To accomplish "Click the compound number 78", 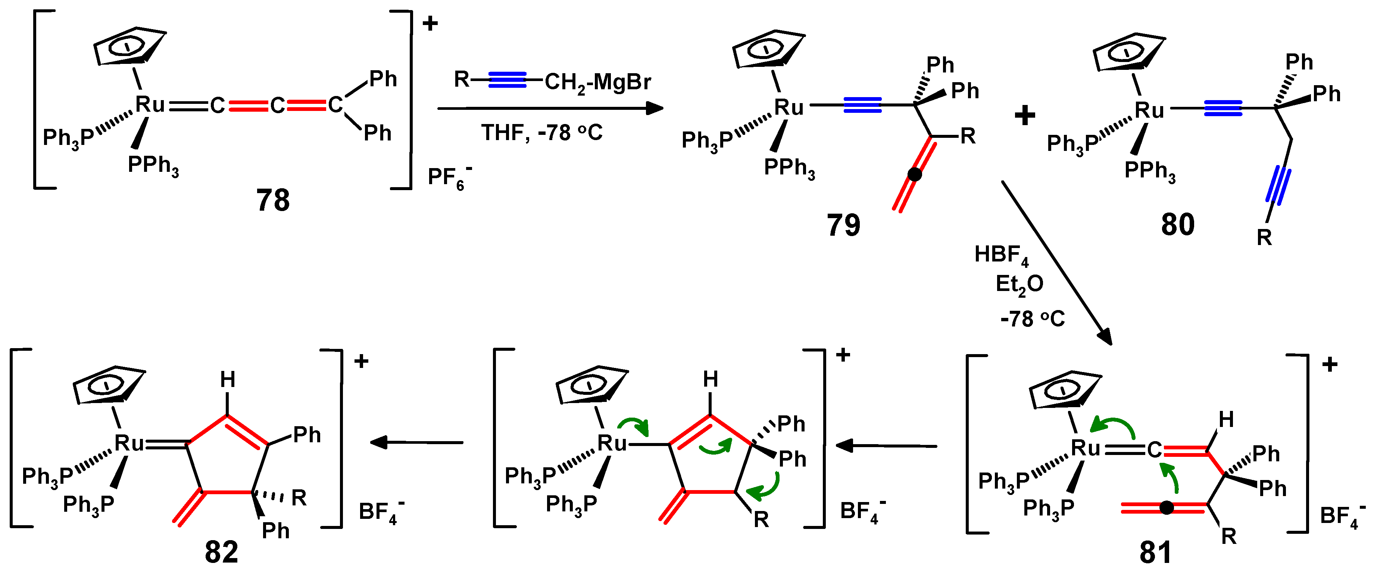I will click(272, 201).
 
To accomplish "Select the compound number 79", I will click(843, 225).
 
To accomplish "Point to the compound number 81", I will click(1155, 552).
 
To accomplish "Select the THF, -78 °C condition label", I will click(542, 132).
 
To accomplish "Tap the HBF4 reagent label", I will click(1001, 255).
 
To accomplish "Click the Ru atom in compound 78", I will click(150, 105).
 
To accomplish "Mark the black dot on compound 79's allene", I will click(914, 174).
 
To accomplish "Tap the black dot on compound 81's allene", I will click(1167, 508).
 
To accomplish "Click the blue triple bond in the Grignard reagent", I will click(507, 80).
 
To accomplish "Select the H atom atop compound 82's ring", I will click(228, 380).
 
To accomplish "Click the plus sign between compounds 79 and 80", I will click(1025, 115).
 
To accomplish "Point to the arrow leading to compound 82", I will click(416, 443).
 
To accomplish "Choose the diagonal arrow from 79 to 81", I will click(1056, 261).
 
